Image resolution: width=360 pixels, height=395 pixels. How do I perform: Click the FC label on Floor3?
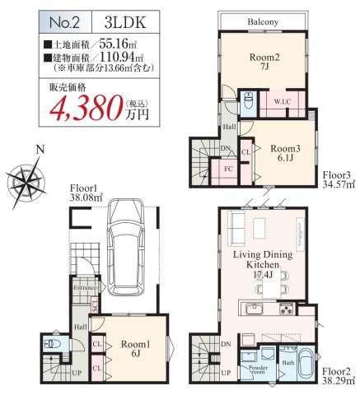pyautogui.click(x=228, y=169)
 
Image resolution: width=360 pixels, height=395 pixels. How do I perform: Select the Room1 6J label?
pyautogui.click(x=133, y=349)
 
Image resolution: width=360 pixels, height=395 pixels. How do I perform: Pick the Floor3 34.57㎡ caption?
pyautogui.click(x=338, y=179)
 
